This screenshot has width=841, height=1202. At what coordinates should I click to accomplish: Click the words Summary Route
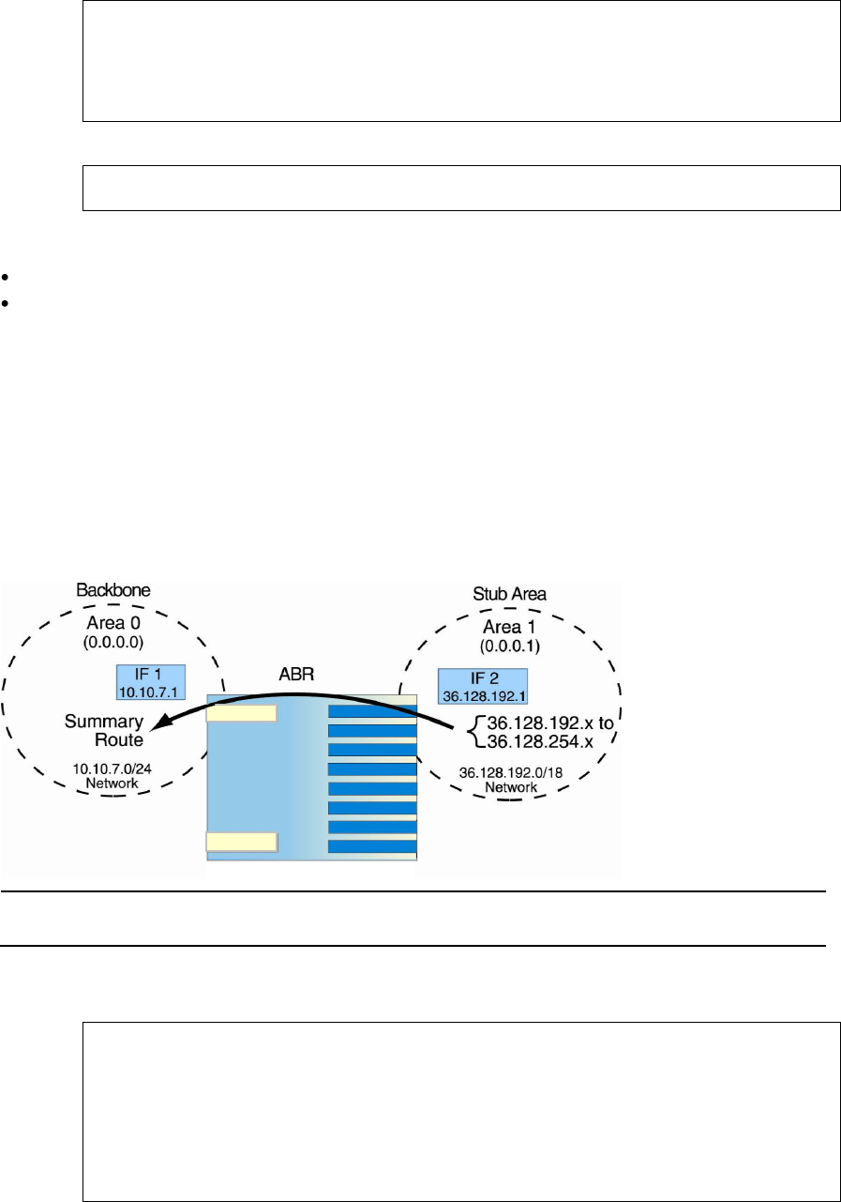pyautogui.click(x=103, y=731)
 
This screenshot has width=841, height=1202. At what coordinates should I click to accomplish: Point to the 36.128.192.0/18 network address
pyautogui.click(x=510, y=772)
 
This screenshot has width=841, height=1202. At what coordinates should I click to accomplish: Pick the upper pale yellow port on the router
pyautogui.click(x=241, y=713)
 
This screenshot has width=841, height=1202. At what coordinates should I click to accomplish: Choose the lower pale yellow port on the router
pyautogui.click(x=241, y=841)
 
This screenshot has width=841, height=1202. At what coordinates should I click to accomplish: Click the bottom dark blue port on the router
pyautogui.click(x=372, y=847)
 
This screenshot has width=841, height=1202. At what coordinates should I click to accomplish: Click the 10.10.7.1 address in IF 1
pyautogui.click(x=152, y=691)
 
